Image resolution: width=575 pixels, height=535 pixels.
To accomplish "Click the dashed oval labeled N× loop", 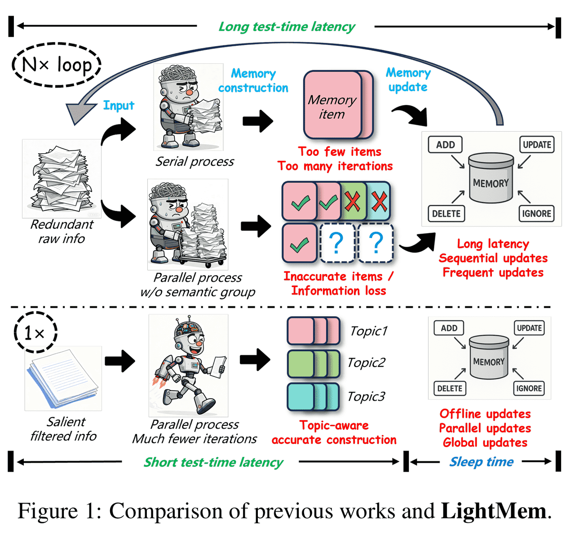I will (57, 65).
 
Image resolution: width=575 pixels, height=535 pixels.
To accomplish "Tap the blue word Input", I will (119, 106).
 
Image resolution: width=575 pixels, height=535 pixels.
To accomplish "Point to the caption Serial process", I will (195, 162).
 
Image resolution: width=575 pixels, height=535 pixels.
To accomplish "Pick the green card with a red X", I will (352, 201).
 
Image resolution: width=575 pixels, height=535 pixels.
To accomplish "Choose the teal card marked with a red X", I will (379, 201).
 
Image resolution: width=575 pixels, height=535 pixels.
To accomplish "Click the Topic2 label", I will (366, 363).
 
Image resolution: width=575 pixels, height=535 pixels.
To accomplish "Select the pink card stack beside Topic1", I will (313, 331).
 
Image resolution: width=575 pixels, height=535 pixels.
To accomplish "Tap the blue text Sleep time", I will (482, 462).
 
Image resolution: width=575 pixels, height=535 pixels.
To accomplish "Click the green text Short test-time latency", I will (213, 462).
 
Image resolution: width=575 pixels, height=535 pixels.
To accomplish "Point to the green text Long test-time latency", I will (287, 27).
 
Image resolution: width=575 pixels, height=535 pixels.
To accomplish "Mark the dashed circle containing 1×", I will (35, 333).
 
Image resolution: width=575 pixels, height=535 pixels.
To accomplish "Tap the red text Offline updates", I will (485, 414).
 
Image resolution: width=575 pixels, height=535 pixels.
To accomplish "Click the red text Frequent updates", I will (493, 273).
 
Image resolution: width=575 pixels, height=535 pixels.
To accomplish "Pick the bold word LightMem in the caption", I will (494, 511).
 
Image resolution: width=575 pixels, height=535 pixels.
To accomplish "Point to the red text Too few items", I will (340, 152).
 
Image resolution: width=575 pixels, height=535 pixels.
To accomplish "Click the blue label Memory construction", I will (253, 81).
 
